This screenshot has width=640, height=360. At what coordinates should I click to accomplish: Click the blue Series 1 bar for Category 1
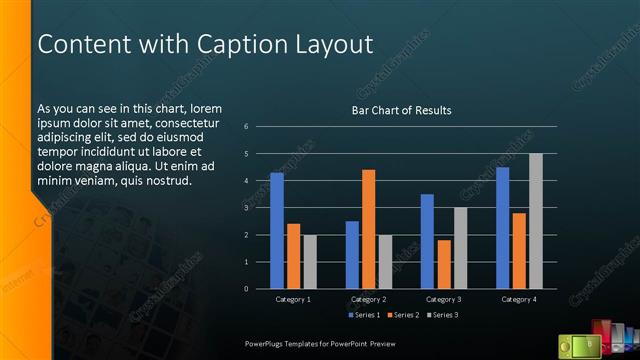[277, 230]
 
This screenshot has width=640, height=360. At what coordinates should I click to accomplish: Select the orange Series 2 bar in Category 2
[369, 229]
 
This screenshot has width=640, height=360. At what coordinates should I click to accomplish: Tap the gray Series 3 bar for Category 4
[535, 221]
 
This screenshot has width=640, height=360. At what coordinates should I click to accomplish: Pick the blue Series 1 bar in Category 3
[427, 241]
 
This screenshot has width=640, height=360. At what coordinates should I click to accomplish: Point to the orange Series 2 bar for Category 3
[444, 264]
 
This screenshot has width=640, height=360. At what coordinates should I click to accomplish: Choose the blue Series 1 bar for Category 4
[502, 227]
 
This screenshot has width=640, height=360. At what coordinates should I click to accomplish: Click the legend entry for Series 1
[362, 316]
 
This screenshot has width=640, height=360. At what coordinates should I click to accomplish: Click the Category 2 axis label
[369, 299]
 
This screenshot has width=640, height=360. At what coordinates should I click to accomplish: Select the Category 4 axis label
[518, 299]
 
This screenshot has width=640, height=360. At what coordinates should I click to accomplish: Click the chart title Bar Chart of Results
[401, 110]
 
